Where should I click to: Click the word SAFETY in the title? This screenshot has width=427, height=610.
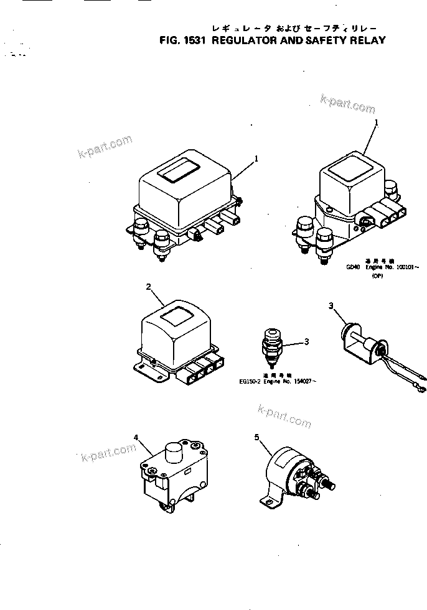tap(324, 40)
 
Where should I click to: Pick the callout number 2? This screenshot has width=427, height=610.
tap(148, 287)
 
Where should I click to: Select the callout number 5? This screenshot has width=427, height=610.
tap(257, 437)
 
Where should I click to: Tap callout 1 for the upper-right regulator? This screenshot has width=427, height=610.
tap(377, 124)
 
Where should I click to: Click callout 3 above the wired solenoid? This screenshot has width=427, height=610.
tap(332, 305)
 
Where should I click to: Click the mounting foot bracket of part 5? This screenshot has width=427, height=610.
tap(265, 499)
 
